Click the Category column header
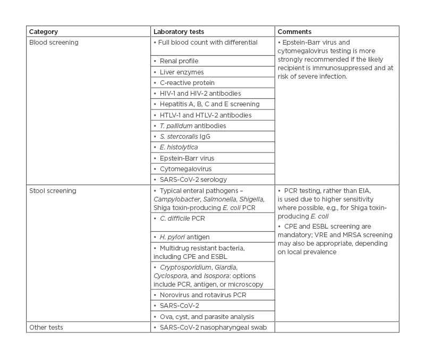click(x=44, y=32)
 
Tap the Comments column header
click(x=294, y=32)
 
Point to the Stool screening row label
click(x=53, y=190)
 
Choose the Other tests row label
click(x=46, y=327)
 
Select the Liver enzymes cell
click(x=182, y=72)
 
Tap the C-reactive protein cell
click(x=187, y=83)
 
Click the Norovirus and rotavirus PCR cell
click(x=202, y=295)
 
